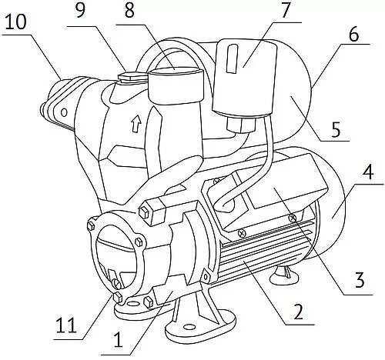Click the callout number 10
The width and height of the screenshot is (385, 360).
point(15,22)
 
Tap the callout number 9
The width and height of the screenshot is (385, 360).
point(81,10)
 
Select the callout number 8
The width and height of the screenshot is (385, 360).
point(129,10)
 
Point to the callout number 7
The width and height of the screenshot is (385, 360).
point(285,10)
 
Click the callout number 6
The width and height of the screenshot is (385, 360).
point(354,34)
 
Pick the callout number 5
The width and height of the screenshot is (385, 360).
point(336,129)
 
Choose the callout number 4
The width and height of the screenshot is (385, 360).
point(368,174)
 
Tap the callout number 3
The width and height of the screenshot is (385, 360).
point(359,280)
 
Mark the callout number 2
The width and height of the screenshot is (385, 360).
point(299,312)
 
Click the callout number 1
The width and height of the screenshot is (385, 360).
point(118,340)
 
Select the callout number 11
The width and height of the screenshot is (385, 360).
point(66,325)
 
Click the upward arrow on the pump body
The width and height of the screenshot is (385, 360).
point(136,123)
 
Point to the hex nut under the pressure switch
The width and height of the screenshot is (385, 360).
point(240,124)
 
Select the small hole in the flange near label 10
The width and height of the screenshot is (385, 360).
point(64,112)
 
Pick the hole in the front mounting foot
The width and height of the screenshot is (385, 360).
point(189,327)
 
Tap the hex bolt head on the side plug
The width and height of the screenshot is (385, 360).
point(144,212)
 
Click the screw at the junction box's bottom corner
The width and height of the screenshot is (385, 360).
point(242,233)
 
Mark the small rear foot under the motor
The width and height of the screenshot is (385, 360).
point(285,276)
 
